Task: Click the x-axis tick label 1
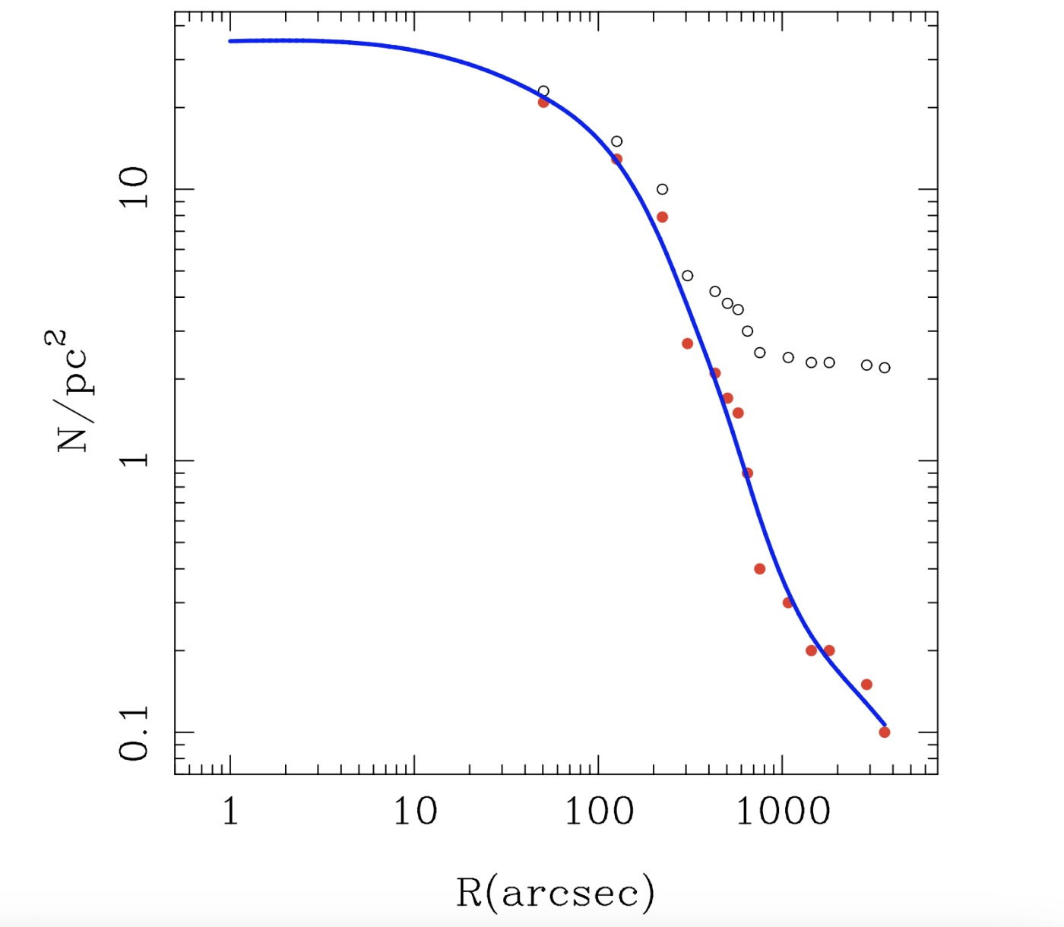230,812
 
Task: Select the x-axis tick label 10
414,812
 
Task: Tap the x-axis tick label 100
599,812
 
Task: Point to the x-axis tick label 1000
783,812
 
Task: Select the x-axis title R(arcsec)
555,892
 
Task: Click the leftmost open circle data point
543,91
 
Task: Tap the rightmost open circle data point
885,368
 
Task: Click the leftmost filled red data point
543,102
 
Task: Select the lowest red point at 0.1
885,732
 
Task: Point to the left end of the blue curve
230,41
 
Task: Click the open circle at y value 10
663,189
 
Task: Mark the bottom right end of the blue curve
885,725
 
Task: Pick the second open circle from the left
617,141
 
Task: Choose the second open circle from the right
867,365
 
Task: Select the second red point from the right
867,685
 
